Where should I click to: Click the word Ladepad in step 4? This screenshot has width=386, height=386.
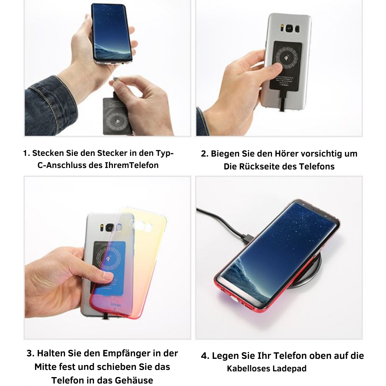(290, 368)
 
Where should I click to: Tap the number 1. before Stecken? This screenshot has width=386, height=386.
(26, 153)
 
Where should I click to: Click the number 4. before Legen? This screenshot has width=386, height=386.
(205, 356)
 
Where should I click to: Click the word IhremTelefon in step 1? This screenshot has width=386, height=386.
(132, 165)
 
